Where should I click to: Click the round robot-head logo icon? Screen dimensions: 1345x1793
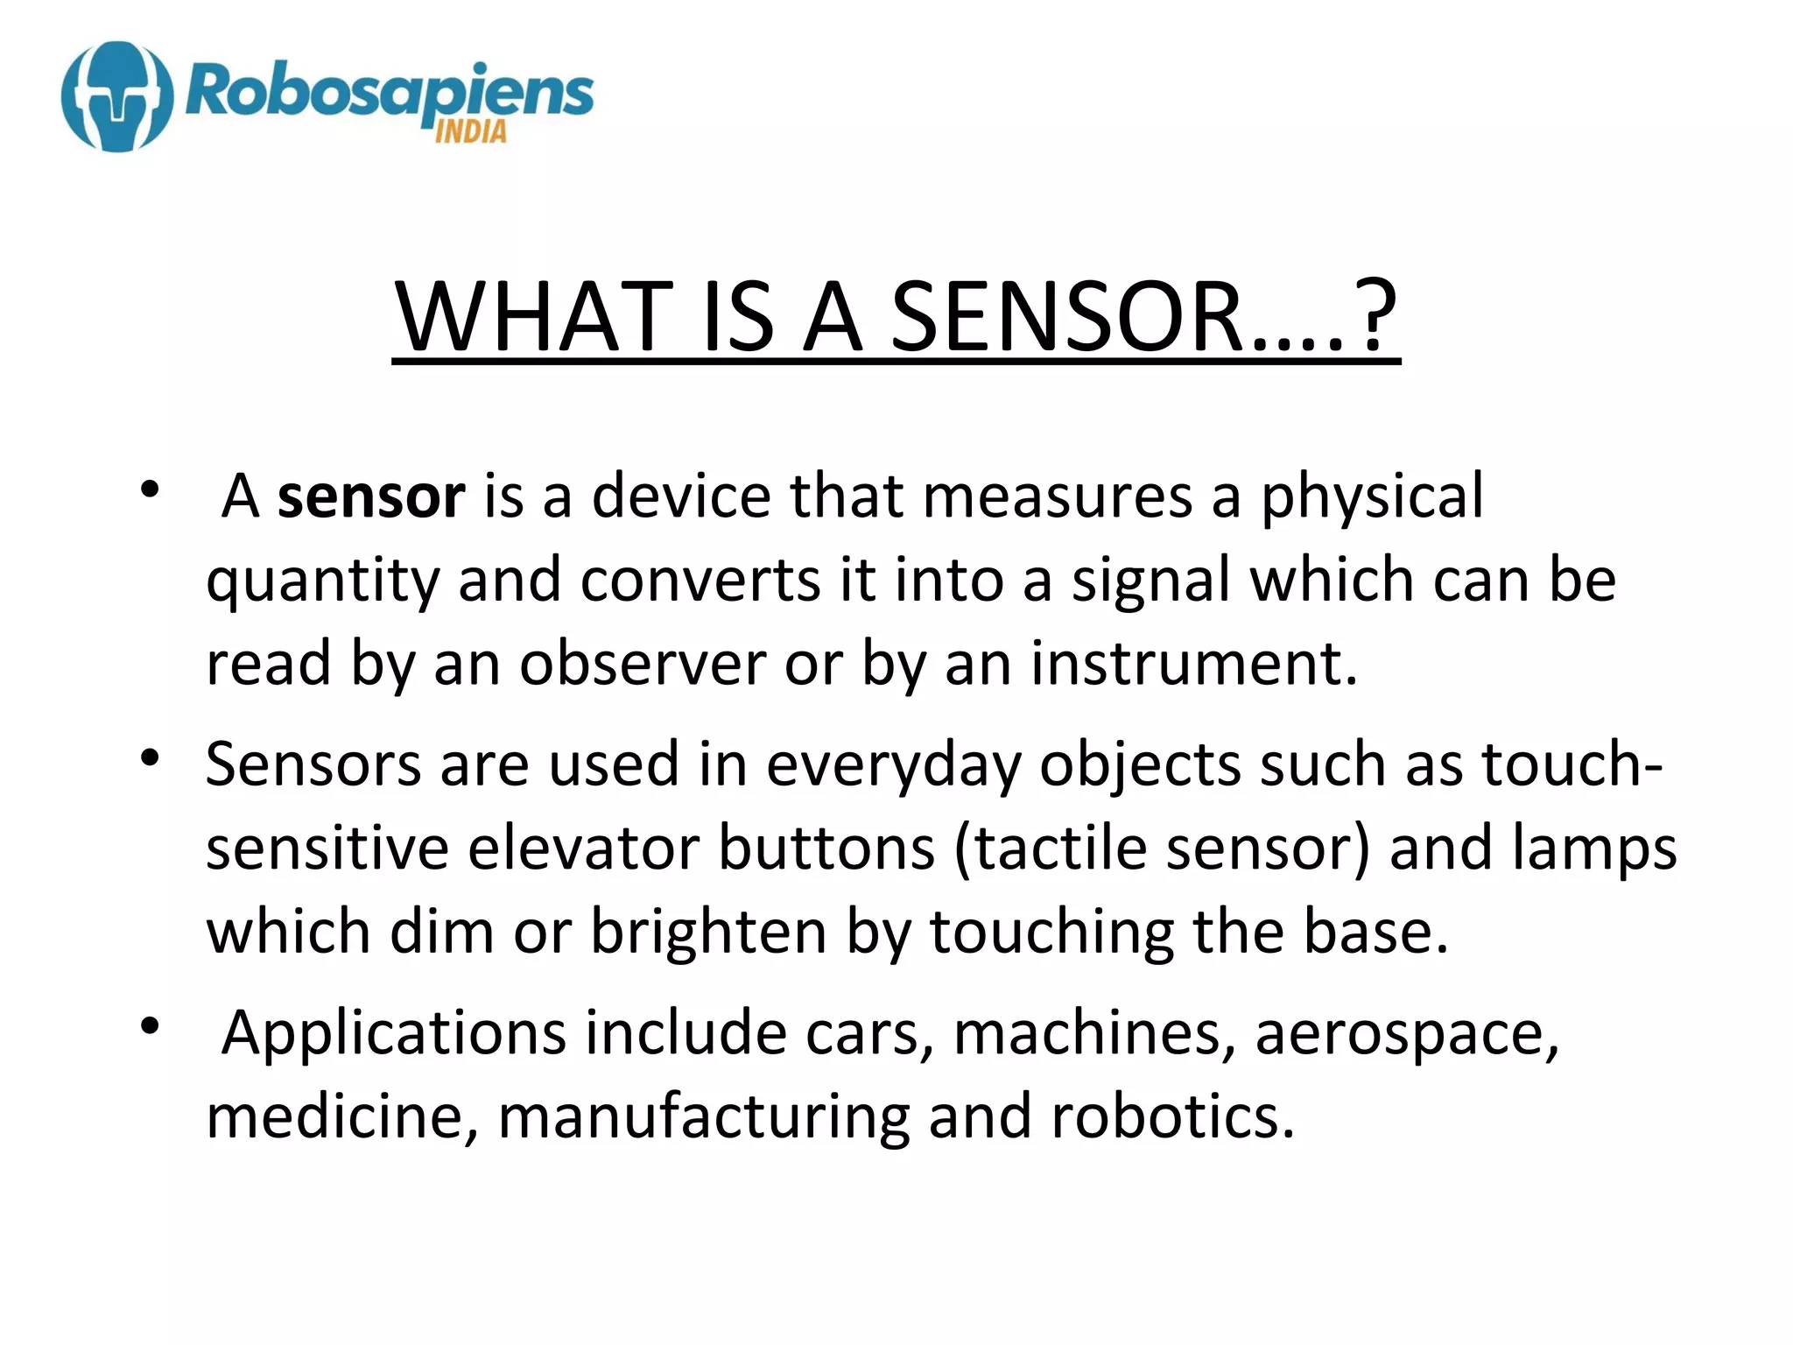tap(116, 96)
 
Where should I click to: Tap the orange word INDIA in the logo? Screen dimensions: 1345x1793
tap(470, 132)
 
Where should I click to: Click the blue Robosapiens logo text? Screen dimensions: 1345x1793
tap(390, 93)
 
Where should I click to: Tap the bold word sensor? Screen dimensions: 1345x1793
tap(371, 496)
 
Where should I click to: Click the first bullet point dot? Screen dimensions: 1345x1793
tap(151, 489)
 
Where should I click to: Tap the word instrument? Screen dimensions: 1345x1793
tap(1193, 664)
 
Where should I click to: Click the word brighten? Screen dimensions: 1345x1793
tap(708, 932)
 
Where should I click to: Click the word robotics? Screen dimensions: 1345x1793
tap(1171, 1117)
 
